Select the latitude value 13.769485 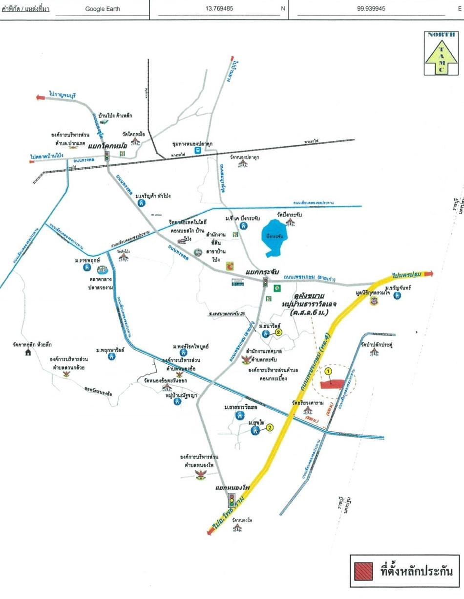[219, 9]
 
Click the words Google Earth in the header [103, 9]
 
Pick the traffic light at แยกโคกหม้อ [106, 156]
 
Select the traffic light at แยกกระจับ [265, 283]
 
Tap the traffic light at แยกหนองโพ [232, 500]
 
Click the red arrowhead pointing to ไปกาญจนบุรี [41, 97]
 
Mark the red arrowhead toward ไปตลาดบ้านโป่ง [32, 161]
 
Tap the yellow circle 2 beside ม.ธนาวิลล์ [278, 332]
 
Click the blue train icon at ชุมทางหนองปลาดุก [197, 151]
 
